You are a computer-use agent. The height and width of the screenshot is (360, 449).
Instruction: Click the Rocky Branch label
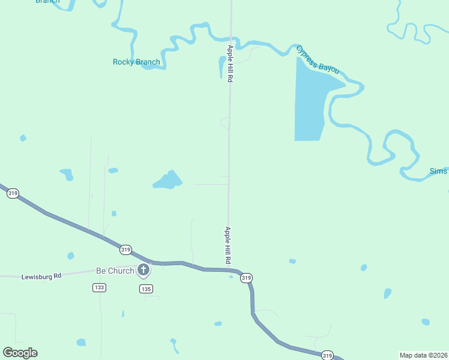coord(136,62)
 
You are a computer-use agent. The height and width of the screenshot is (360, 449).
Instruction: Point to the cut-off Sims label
coord(439,172)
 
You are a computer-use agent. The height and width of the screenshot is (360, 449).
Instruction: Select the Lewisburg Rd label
coord(41,277)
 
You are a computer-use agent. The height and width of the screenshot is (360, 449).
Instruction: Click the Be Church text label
coord(115,271)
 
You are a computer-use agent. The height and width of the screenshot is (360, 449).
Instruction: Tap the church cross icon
coord(143,270)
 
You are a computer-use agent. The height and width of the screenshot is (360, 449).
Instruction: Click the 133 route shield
coord(100,288)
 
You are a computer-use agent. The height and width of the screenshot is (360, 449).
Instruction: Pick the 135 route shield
coord(146,289)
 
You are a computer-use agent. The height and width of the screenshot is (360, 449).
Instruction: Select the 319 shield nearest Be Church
coord(125,250)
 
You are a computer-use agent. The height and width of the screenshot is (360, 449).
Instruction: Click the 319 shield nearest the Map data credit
coord(327,355)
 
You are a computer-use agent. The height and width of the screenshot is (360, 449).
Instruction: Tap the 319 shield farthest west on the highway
coord(13,193)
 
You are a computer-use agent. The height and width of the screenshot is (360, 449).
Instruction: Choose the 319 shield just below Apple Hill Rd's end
coord(246,278)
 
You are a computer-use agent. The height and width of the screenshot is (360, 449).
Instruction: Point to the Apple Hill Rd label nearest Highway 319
coord(228,245)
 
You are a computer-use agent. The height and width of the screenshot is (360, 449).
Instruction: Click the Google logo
coord(20,353)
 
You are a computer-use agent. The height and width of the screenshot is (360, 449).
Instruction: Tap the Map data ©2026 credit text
coord(423,355)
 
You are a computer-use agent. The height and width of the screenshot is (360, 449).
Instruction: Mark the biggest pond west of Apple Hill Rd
coord(167,179)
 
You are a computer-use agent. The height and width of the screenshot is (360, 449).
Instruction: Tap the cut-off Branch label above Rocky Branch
coord(47,1)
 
